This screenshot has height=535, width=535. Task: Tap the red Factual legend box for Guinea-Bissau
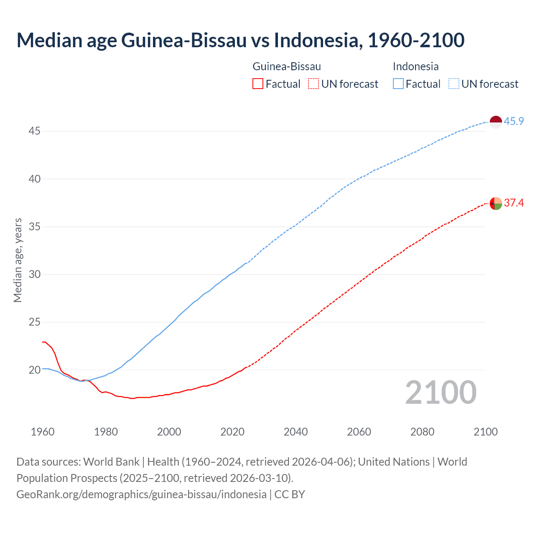[x=258, y=84]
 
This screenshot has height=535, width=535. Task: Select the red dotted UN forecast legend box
[x=313, y=84]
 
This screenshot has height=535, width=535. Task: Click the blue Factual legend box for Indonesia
[x=398, y=84]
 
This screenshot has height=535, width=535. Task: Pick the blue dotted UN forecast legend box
[x=453, y=84]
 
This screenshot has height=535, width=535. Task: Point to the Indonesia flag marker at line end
[x=495, y=122]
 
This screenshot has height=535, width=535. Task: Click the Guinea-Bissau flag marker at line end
[x=495, y=204]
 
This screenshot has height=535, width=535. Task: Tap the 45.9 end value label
[x=514, y=121]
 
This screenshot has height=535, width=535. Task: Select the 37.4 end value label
[x=514, y=203]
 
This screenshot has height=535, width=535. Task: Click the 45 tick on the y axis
[x=34, y=131]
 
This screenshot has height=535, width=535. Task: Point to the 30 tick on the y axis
[x=34, y=275]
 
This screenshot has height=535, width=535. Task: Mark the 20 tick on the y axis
[x=34, y=370]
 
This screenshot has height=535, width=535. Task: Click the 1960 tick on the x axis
[x=43, y=432]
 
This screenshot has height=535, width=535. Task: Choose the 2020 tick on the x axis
[x=232, y=432]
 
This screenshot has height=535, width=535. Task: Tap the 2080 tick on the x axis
[x=422, y=432]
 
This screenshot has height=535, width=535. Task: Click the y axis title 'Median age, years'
[x=18, y=260]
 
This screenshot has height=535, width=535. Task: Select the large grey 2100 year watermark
[x=441, y=392]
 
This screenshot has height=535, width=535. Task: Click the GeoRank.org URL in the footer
[x=141, y=494]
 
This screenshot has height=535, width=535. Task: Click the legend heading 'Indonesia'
[x=415, y=66]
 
